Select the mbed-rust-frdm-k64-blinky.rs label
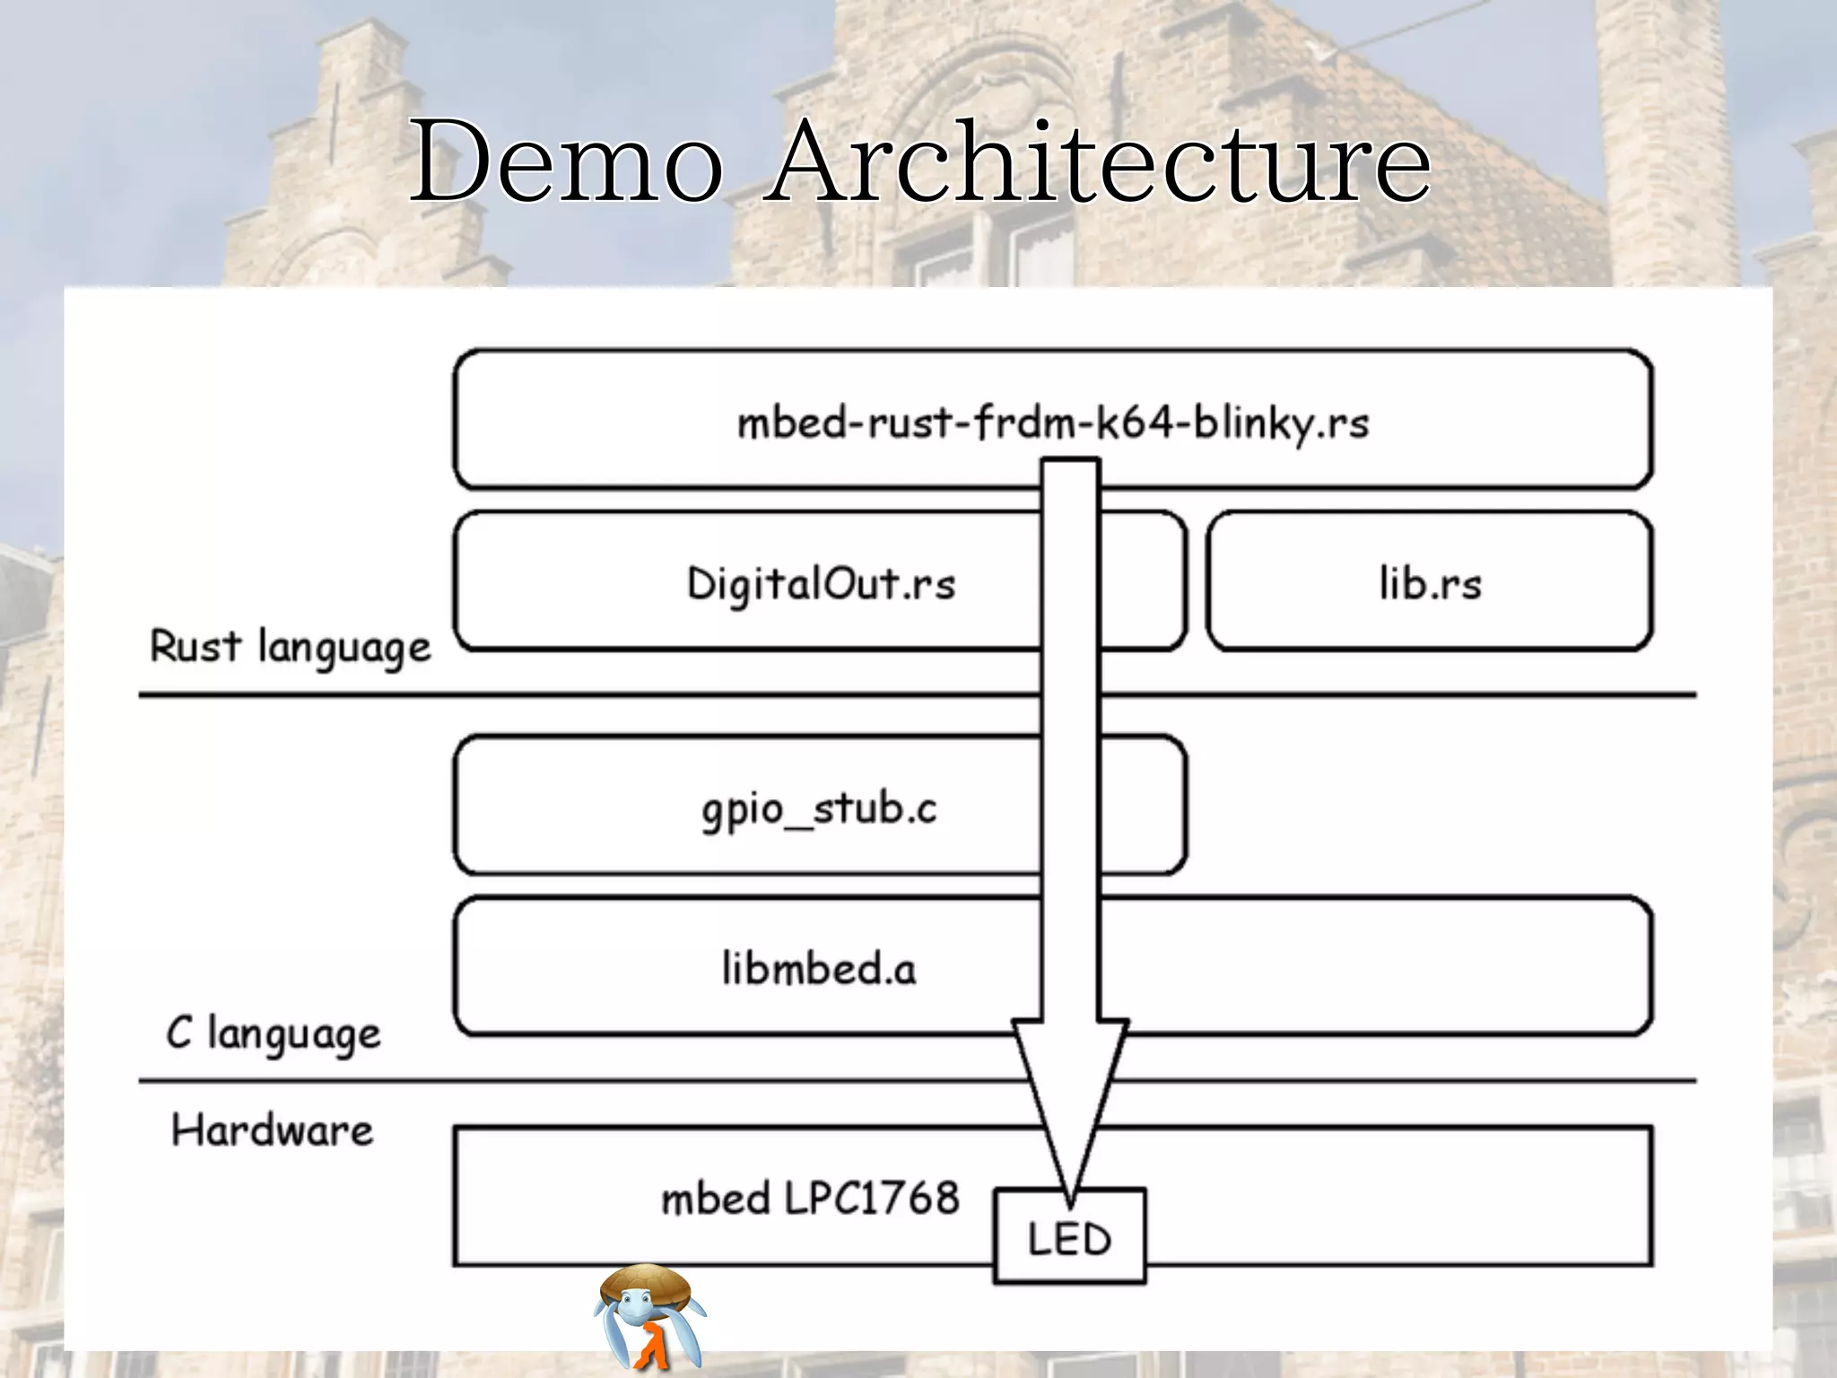pos(1053,423)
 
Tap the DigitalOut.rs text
pos(821,584)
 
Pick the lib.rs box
pos(1430,582)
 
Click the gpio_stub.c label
pos(819,808)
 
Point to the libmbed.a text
pos(819,969)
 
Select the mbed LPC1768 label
pos(810,1199)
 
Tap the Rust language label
pos(290,648)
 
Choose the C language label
pos(274,1033)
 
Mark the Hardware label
pos(272,1130)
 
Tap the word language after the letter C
pos(294,1035)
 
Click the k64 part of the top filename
pos(1137,423)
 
